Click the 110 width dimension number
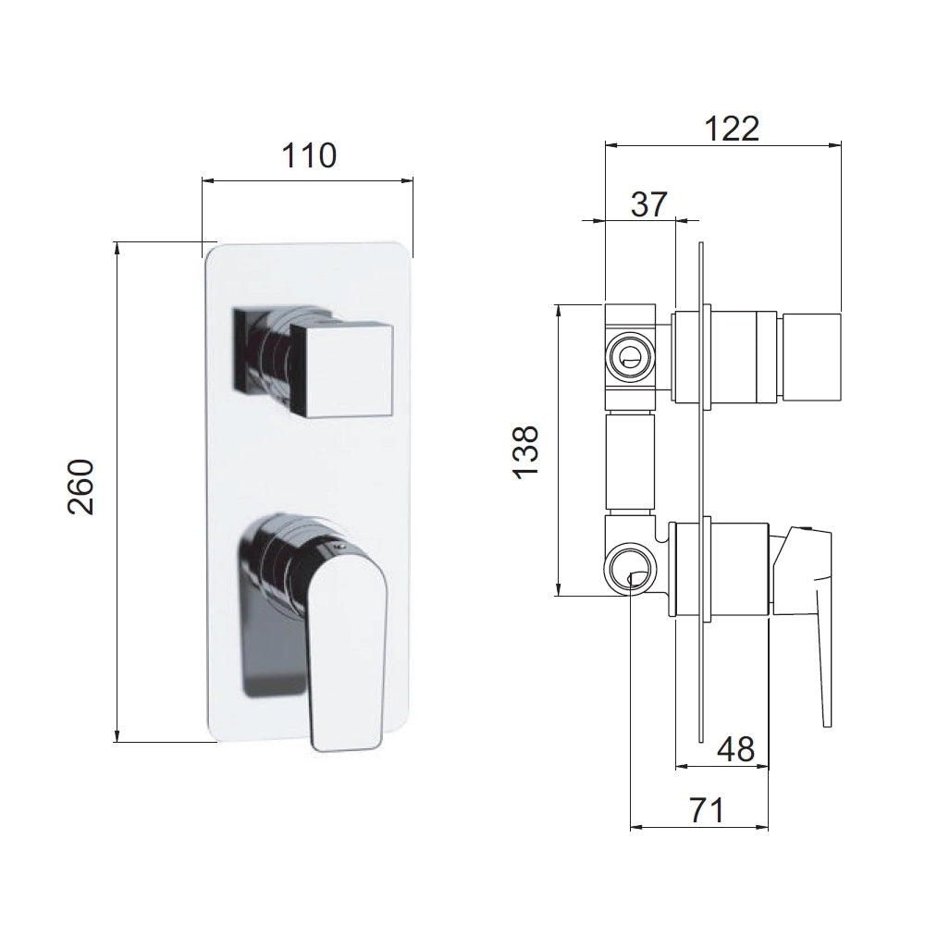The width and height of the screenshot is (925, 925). pyautogui.click(x=309, y=155)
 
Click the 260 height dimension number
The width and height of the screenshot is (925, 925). pyautogui.click(x=80, y=487)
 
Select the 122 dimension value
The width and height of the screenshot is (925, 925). pyautogui.click(x=732, y=128)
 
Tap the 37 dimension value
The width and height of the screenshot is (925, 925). pyautogui.click(x=649, y=204)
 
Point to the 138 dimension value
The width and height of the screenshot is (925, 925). pyautogui.click(x=525, y=452)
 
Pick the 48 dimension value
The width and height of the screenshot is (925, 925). pyautogui.click(x=735, y=749)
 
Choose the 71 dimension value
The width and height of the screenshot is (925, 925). pyautogui.click(x=706, y=810)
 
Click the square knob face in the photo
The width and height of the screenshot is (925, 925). pyautogui.click(x=341, y=370)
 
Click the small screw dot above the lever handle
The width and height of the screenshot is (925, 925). pyautogui.click(x=337, y=547)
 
